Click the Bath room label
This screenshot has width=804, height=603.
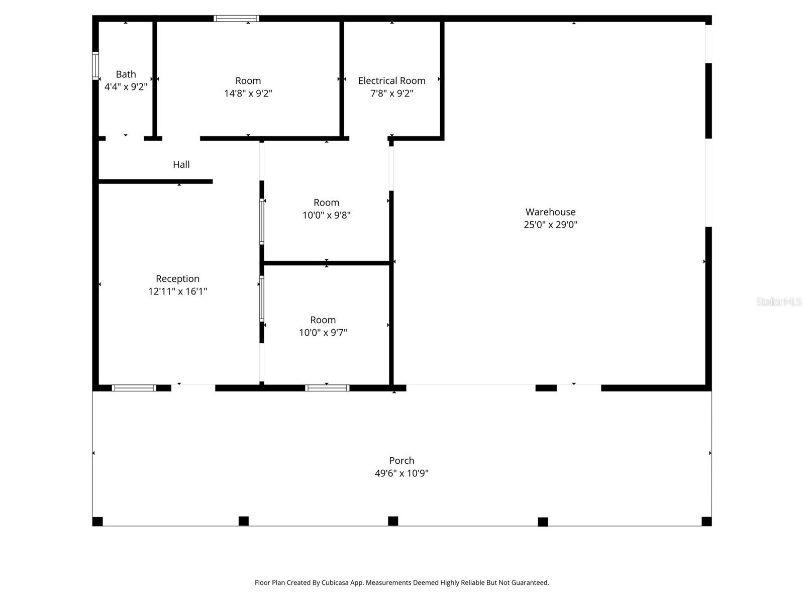coord(126,74)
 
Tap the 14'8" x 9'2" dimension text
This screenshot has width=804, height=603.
coord(248,93)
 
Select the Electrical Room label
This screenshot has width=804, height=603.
coord(391,80)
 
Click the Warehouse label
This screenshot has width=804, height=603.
coord(550,212)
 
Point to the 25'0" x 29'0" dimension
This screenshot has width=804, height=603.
coord(550,225)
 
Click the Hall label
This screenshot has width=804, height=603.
coord(181,164)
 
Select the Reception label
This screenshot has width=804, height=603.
coord(177,278)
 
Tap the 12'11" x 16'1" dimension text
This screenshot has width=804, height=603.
coord(177,291)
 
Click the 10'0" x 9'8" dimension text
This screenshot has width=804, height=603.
coord(326,216)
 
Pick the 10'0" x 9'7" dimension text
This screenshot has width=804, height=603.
coord(323,333)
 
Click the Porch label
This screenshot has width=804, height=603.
coord(401,460)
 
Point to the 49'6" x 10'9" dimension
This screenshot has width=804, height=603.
coord(401,473)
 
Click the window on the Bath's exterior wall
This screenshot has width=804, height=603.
coord(95,65)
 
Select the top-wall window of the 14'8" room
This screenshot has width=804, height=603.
coord(236,19)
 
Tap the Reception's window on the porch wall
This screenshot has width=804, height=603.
coord(134,388)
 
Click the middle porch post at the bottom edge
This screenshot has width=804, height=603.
coord(393,521)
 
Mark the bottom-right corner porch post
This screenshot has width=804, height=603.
coord(706,522)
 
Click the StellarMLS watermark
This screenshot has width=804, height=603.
coord(778,302)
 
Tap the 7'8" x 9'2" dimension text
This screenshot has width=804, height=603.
coord(391,93)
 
